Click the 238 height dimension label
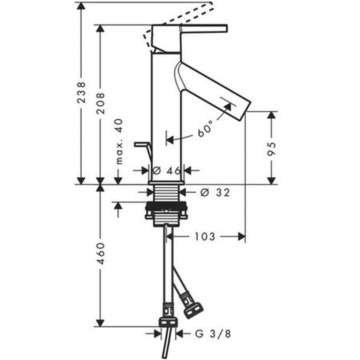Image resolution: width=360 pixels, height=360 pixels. coord(81,92)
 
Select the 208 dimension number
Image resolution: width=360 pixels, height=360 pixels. coord(101,103)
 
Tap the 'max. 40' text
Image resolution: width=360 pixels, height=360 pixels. coord(119,141)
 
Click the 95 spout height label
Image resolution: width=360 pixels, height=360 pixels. coord(271,149)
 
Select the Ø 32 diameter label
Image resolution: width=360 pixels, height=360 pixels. coord(215,193)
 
